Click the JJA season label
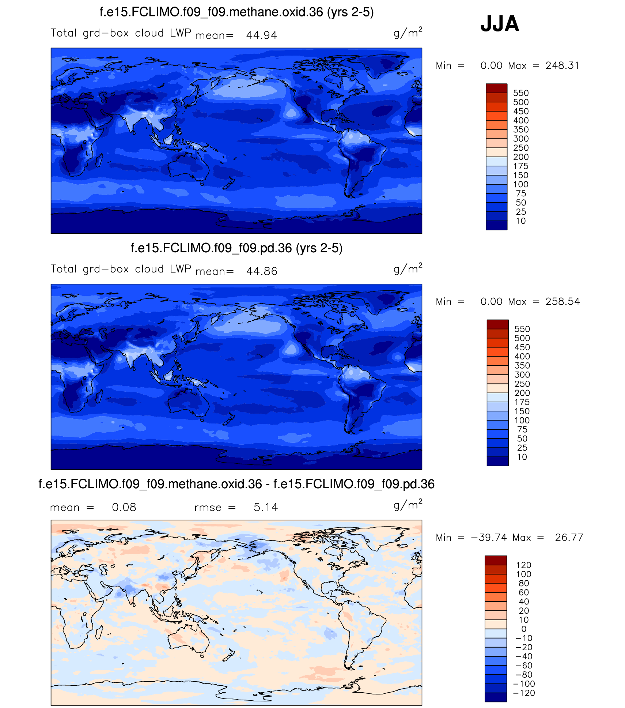499,24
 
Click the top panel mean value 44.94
262,35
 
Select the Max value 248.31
562,65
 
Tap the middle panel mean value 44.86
262,271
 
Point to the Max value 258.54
562,301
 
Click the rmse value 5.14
266,507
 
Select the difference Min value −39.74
489,537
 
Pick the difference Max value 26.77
569,537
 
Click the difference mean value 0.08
124,507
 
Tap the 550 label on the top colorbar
521,93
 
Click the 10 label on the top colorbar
521,221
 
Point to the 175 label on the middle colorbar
522,402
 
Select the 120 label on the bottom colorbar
524,565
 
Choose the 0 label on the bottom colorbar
524,629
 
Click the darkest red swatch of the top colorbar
496,88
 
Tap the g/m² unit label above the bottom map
408,505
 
